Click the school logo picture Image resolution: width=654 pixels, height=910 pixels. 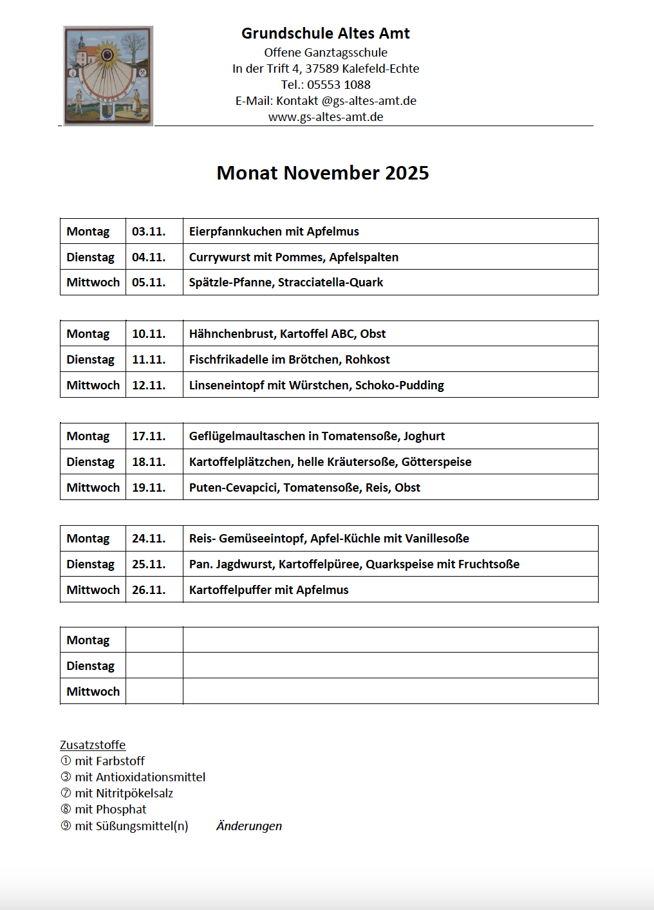click(108, 75)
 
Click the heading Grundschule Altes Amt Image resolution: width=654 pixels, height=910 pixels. click(325, 33)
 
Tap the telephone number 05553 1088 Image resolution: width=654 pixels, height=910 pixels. click(339, 84)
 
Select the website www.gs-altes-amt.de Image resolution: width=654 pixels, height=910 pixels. click(326, 116)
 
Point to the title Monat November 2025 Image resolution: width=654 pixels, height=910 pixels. click(322, 173)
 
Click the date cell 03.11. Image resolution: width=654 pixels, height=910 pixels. click(149, 232)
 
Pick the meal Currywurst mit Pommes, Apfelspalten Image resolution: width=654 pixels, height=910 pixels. click(294, 257)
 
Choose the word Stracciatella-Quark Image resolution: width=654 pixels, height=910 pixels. click(330, 283)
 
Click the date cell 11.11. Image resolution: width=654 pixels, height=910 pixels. click(149, 360)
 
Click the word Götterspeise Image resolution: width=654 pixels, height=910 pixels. click(436, 462)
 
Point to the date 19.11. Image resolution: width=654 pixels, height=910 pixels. click(149, 488)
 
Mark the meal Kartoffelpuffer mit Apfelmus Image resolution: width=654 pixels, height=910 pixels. click(268, 590)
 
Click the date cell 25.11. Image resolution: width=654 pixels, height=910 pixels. click(149, 564)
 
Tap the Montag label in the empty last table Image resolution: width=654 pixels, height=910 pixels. click(88, 640)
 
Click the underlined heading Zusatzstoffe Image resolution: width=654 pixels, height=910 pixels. click(93, 745)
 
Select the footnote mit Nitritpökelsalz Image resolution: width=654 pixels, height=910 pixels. click(124, 794)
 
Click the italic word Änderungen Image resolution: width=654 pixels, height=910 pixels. click(249, 826)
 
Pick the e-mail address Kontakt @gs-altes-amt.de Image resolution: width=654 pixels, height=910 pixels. click(346, 101)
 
